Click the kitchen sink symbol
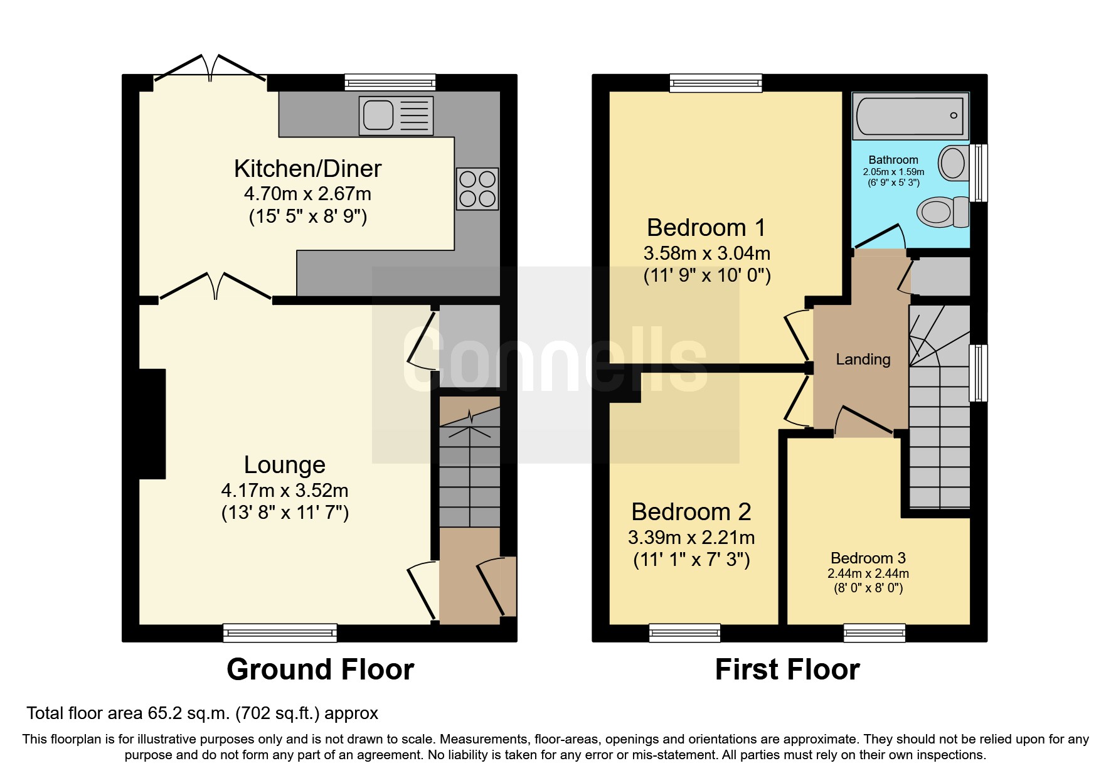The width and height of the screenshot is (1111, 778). [395, 115]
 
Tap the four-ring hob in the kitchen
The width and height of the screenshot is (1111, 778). [477, 189]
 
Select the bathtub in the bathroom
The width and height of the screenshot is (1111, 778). [910, 116]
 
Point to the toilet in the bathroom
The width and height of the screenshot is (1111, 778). [943, 211]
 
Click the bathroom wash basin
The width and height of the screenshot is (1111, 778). [954, 163]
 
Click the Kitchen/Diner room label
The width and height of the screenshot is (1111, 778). [307, 169]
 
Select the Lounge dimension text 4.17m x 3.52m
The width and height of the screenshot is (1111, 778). [285, 491]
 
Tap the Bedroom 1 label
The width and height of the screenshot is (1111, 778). [706, 228]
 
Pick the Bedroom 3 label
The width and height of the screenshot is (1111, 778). [868, 558]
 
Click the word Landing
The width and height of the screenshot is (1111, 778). [863, 360]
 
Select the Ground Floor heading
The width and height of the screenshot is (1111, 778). [320, 669]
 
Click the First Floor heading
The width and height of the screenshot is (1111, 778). [787, 669]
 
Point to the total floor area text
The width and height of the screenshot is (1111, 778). [202, 713]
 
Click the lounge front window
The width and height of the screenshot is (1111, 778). [280, 632]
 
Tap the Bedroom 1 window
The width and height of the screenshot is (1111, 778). [715, 83]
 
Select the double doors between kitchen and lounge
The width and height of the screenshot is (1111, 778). [215, 287]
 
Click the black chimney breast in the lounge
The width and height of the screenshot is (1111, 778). [152, 424]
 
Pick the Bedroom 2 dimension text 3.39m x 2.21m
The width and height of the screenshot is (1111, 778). [691, 538]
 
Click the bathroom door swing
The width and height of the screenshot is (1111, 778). [881, 237]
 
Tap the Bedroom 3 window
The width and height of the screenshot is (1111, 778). [874, 632]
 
